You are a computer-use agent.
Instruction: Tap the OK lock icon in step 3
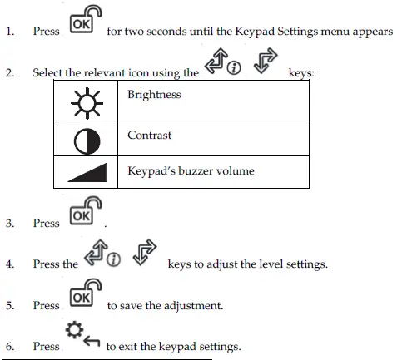[81, 213]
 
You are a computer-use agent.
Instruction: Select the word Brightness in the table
[154, 95]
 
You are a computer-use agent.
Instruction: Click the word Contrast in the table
[150, 135]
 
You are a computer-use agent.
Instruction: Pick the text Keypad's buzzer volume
[191, 171]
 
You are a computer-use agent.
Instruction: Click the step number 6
[10, 347]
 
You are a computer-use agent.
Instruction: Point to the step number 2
[10, 73]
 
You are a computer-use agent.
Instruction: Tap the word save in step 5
[135, 305]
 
